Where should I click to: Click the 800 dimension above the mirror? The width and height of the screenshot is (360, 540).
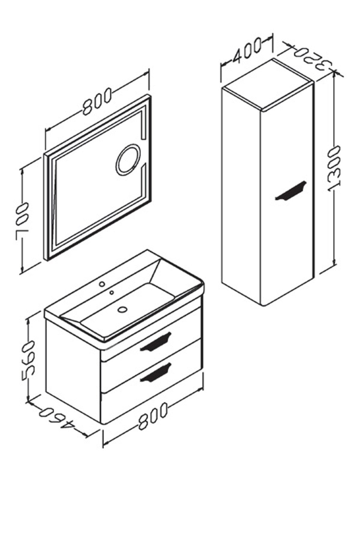click(97, 102)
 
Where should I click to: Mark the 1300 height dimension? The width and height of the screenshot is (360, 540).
click(334, 168)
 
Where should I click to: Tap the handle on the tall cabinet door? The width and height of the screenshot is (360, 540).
click(291, 190)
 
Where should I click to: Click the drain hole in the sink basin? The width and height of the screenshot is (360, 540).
click(122, 309)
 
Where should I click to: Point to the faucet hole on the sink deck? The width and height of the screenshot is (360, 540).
click(102, 283)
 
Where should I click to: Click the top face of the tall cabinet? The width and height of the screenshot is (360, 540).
click(268, 85)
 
